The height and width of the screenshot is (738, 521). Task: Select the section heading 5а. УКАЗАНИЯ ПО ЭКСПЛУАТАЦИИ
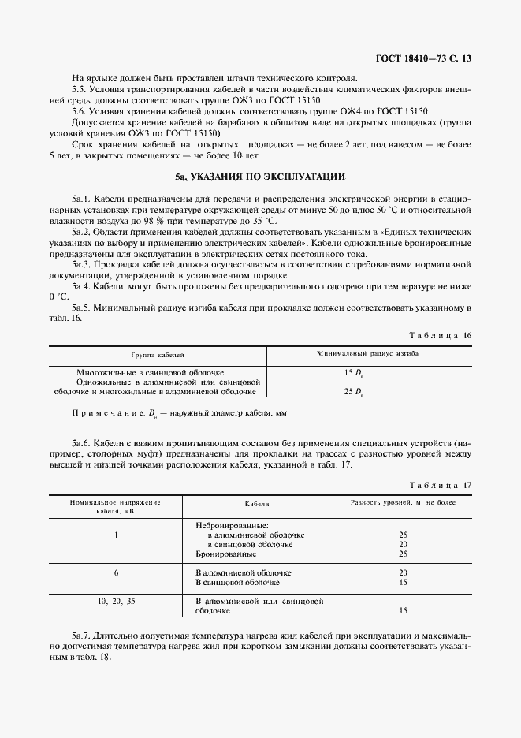click(x=260, y=177)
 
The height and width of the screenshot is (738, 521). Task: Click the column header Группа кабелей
click(x=158, y=356)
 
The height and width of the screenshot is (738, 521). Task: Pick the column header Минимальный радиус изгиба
click(x=367, y=355)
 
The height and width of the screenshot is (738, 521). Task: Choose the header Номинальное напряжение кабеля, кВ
click(x=114, y=506)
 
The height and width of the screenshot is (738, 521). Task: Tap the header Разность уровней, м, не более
click(x=403, y=502)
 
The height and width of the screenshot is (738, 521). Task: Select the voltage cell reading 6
click(x=116, y=572)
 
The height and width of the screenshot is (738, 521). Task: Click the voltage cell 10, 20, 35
click(x=116, y=601)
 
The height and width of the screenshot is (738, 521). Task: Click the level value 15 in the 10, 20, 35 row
click(x=403, y=610)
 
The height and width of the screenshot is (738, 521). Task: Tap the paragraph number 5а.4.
click(x=83, y=287)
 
